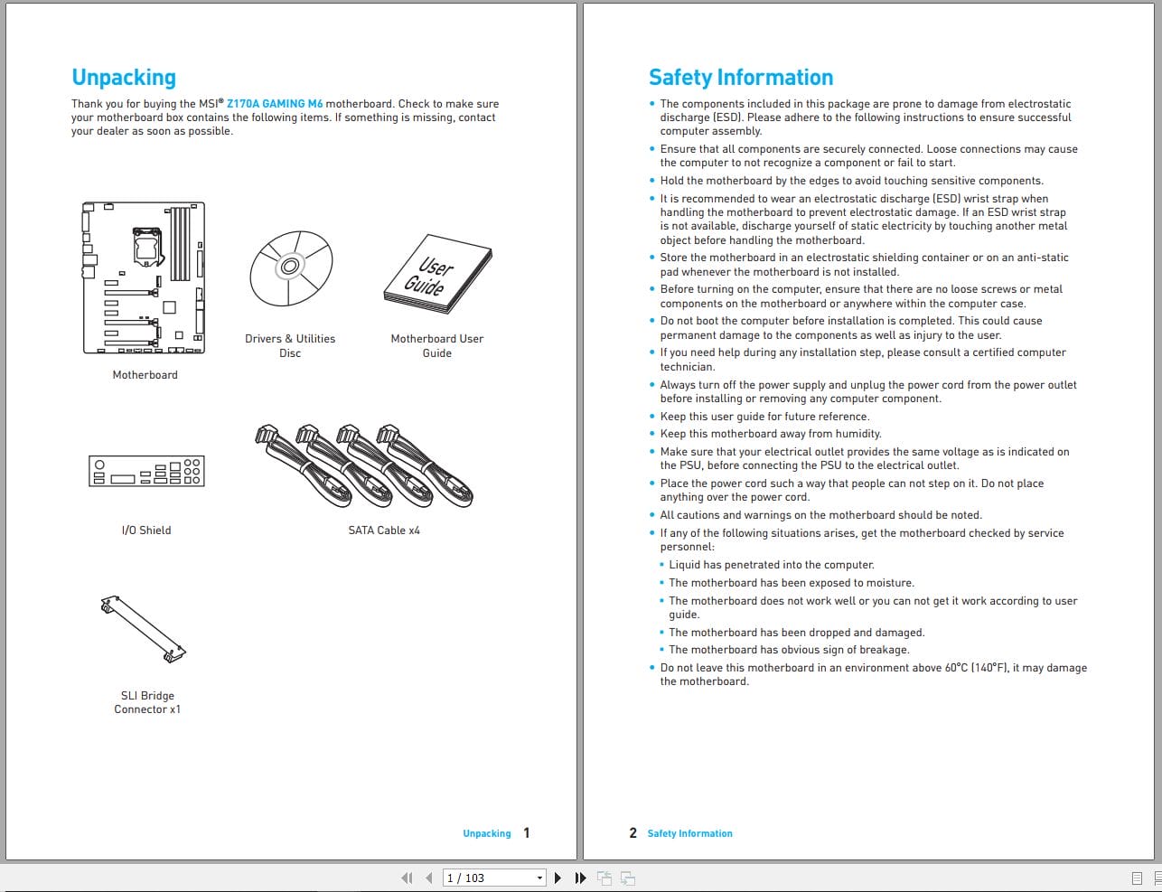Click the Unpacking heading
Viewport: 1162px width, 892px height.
click(124, 78)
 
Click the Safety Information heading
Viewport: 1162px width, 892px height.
click(740, 78)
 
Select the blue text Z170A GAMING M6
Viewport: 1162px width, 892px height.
click(274, 104)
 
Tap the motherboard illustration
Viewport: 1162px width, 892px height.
click(145, 277)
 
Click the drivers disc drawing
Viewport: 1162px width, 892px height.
click(290, 268)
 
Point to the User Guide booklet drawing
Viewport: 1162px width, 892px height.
click(436, 276)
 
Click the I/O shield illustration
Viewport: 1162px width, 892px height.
click(146, 471)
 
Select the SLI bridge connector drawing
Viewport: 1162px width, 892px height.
click(144, 628)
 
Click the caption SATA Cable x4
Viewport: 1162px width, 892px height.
click(384, 531)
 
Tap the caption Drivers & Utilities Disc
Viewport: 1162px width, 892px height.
click(290, 346)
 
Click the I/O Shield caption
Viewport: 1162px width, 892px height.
click(146, 531)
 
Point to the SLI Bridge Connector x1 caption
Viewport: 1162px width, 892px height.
click(147, 702)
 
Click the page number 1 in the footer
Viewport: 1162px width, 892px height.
click(527, 833)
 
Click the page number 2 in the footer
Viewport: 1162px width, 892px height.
click(633, 833)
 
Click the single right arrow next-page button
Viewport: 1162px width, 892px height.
click(558, 878)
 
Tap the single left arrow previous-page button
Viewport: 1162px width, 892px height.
click(428, 878)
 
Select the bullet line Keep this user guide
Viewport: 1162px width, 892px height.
click(764, 417)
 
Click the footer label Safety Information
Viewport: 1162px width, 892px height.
click(689, 833)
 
